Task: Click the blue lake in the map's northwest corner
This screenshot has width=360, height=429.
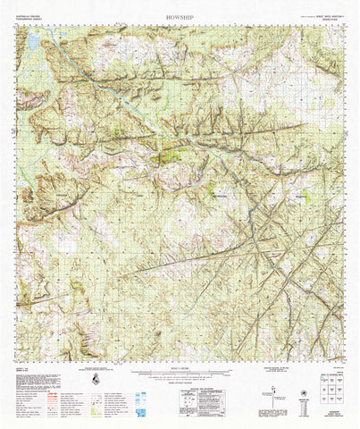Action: coord(34,42)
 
